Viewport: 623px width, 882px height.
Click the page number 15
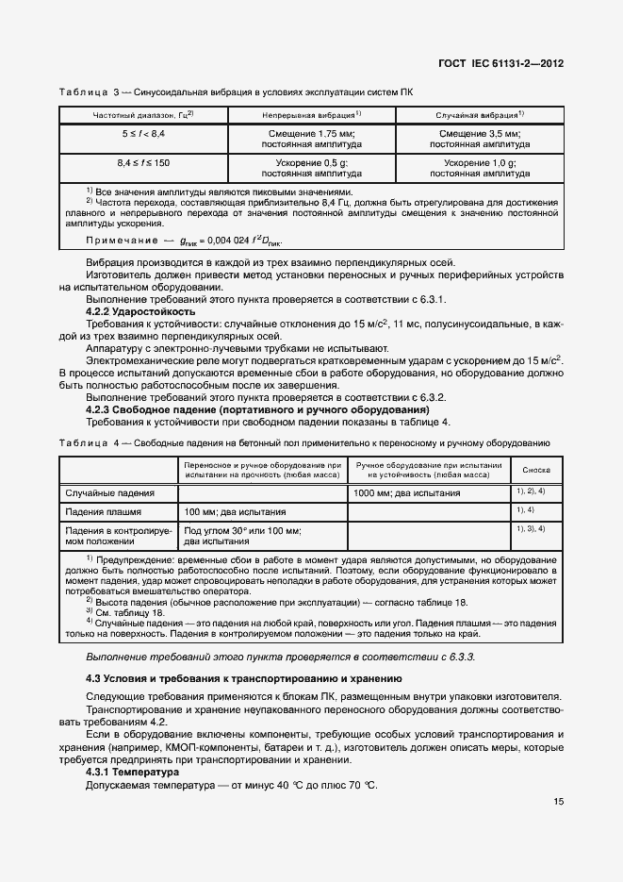(x=559, y=802)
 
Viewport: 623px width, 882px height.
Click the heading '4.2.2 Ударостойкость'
(x=140, y=311)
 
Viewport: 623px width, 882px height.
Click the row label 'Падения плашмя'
(x=103, y=511)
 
